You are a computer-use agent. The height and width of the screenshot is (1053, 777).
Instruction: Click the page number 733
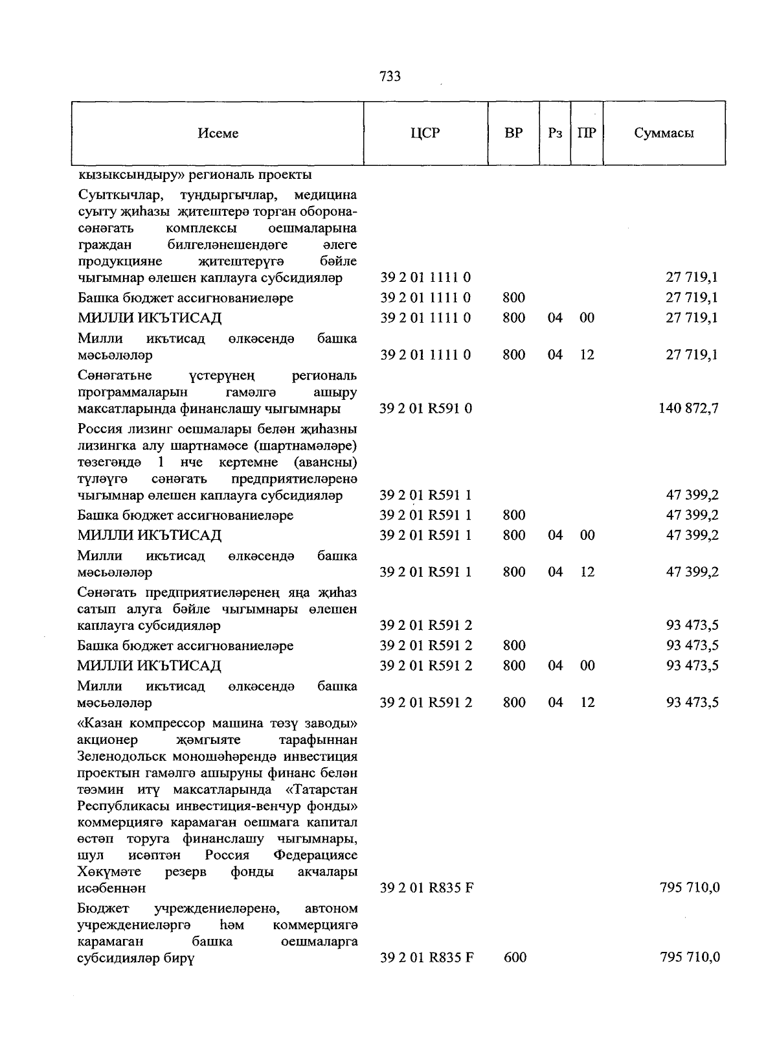click(390, 77)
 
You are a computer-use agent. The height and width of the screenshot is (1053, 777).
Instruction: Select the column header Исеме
click(218, 133)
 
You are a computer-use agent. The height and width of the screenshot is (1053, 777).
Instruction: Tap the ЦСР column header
click(425, 133)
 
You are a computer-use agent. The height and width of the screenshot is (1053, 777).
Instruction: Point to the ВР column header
click(513, 133)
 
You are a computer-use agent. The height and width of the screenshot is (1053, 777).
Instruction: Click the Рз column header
click(555, 133)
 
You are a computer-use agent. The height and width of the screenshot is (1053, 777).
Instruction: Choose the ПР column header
click(587, 133)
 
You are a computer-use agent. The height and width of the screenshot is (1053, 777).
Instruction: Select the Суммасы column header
click(664, 133)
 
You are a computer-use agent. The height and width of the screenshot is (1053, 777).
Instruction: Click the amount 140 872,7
click(688, 408)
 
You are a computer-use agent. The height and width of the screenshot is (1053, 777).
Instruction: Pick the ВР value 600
click(515, 957)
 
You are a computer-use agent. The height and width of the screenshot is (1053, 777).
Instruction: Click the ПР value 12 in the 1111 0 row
click(587, 354)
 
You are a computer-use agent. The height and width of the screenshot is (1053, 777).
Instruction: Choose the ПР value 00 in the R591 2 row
click(587, 665)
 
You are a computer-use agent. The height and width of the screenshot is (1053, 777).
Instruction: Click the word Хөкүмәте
click(109, 872)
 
